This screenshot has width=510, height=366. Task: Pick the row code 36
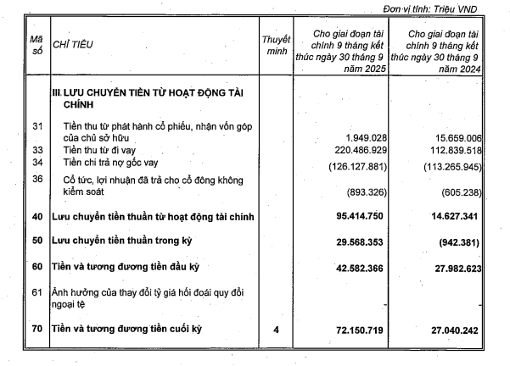[36, 179]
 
